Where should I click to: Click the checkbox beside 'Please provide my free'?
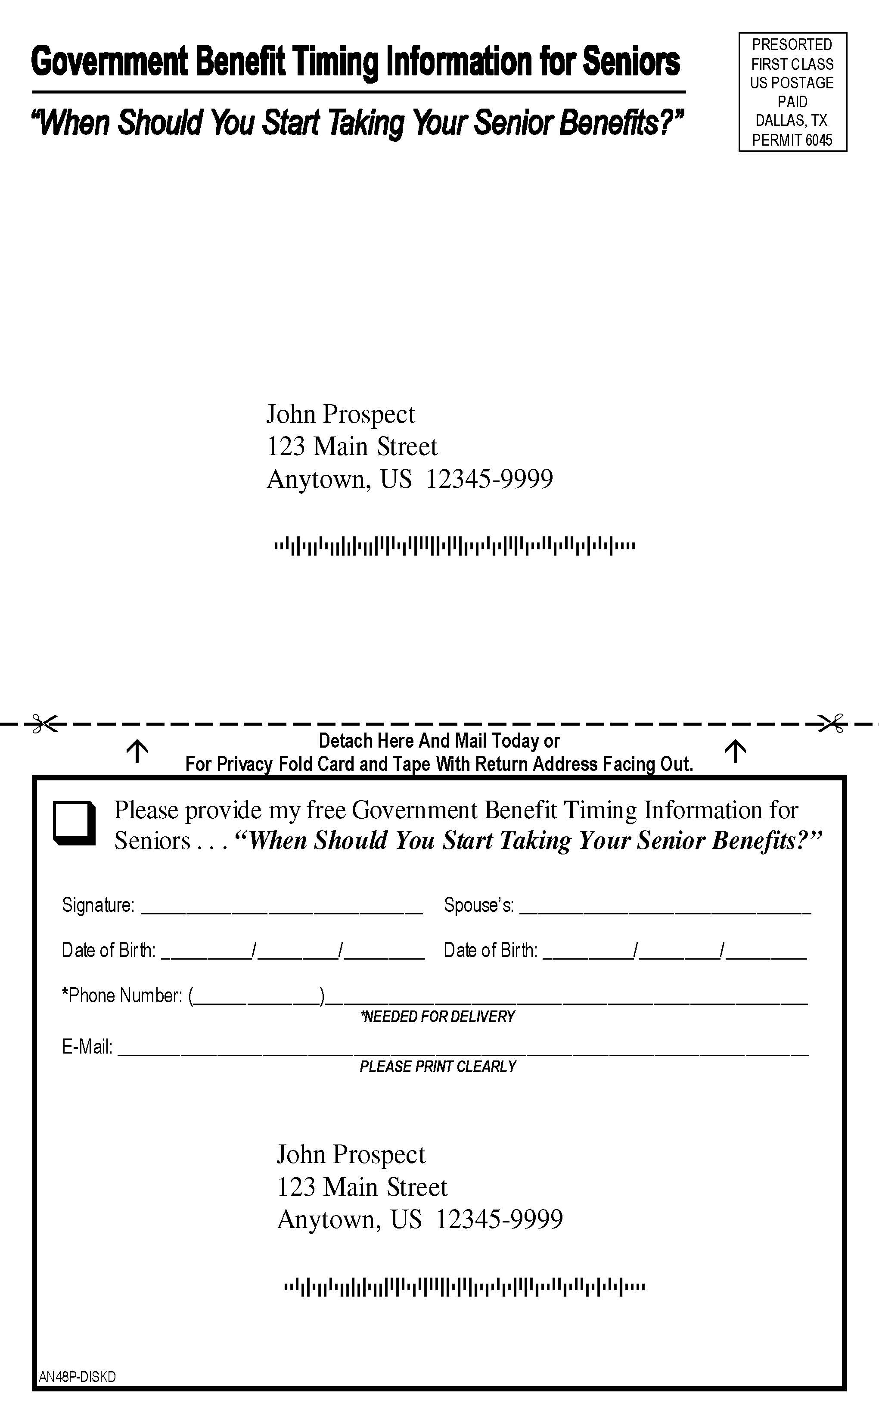pyautogui.click(x=75, y=823)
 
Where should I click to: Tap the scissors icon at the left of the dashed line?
pyautogui.click(x=45, y=724)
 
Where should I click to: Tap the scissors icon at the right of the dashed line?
pyautogui.click(x=831, y=723)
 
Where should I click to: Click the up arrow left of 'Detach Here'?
pyautogui.click(x=137, y=751)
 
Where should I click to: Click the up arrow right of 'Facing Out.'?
pyautogui.click(x=736, y=751)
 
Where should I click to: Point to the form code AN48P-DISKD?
pyautogui.click(x=78, y=1377)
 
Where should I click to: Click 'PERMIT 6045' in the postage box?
pyautogui.click(x=792, y=140)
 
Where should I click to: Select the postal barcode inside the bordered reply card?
pyautogui.click(x=465, y=1287)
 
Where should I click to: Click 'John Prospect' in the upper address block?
pyautogui.click(x=341, y=415)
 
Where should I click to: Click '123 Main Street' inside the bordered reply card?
pyautogui.click(x=362, y=1187)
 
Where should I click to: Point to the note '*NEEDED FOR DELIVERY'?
pyautogui.click(x=438, y=1016)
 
